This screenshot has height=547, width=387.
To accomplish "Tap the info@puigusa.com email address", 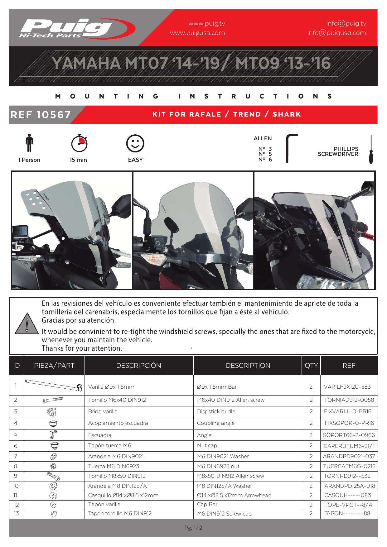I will pyautogui.click(x=336, y=33).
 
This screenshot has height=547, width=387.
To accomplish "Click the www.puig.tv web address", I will pyautogui.click(x=206, y=23).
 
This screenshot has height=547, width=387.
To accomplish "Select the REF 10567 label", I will pyautogui.click(x=41, y=115).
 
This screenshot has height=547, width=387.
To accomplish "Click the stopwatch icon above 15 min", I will pyautogui.click(x=79, y=143).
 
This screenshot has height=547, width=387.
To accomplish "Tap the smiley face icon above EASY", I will pyautogui.click(x=135, y=143).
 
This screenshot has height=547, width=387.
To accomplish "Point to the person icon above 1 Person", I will pyautogui.click(x=29, y=143).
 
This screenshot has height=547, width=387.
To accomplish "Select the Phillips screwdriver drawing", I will pyautogui.click(x=371, y=149).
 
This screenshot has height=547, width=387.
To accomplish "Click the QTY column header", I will pyautogui.click(x=311, y=366).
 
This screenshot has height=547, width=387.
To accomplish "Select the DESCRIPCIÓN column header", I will pyautogui.click(x=139, y=366).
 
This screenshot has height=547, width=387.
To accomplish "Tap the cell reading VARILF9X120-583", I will pyautogui.click(x=347, y=387).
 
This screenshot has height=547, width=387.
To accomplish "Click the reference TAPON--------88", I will pyautogui.click(x=347, y=513).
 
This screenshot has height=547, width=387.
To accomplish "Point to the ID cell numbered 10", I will pyautogui.click(x=16, y=486).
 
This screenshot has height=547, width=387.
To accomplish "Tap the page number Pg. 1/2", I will pyautogui.click(x=193, y=528).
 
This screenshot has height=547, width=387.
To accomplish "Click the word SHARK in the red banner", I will pyautogui.click(x=287, y=114).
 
